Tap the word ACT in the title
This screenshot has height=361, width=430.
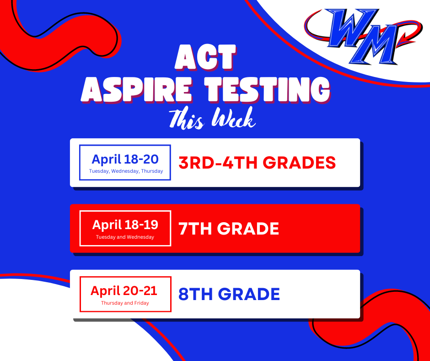(205, 58)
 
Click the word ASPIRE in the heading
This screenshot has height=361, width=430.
(137, 90)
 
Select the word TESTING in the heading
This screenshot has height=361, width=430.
(268, 90)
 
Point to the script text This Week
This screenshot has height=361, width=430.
(212, 119)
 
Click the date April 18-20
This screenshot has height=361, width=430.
(125, 159)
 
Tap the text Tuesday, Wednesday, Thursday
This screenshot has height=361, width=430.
(126, 171)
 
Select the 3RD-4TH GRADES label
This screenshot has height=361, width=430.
(257, 162)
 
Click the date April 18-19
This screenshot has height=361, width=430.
(125, 225)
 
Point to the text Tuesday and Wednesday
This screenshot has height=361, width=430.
(125, 237)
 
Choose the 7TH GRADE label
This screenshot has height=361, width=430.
(229, 228)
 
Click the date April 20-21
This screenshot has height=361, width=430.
(124, 290)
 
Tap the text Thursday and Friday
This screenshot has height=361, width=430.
(125, 303)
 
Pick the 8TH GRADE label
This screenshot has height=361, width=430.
(229, 294)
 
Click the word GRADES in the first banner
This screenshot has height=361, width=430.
(299, 162)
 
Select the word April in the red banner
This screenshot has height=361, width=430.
(107, 225)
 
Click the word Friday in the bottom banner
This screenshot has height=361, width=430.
(142, 303)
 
